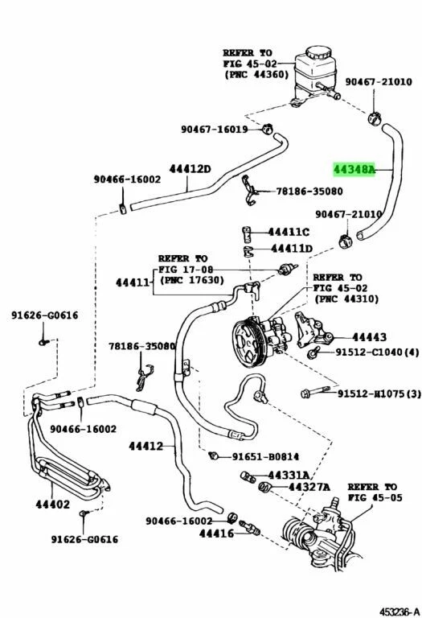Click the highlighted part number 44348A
[x=354, y=171]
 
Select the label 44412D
[x=190, y=169]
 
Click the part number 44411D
[x=290, y=249]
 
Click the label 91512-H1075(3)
[x=378, y=393]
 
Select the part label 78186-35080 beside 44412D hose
[x=309, y=192]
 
